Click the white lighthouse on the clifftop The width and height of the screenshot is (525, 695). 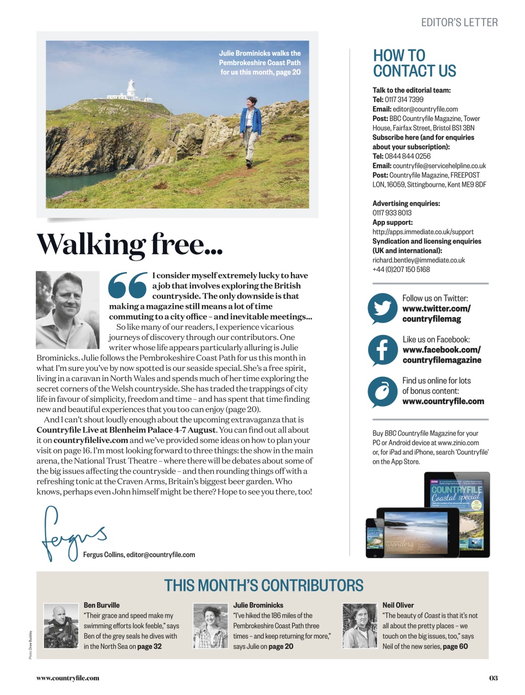[x=131, y=90]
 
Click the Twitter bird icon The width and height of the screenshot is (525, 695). [x=383, y=308]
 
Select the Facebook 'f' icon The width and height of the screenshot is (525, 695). [x=383, y=350]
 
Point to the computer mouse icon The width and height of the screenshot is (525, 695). [x=383, y=391]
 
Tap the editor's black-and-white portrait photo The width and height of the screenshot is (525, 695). [x=67, y=309]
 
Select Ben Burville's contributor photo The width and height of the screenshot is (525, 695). [x=61, y=625]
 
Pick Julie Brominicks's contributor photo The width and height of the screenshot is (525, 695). [x=210, y=625]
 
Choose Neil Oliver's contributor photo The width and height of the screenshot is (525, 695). [x=359, y=625]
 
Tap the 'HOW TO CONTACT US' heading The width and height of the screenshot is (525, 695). [x=414, y=64]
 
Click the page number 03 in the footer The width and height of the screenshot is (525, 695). [x=493, y=678]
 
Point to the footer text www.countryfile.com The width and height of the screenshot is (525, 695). [x=68, y=678]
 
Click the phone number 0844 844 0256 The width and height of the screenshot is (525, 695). [x=408, y=156]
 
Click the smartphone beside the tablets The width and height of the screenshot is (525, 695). [x=375, y=538]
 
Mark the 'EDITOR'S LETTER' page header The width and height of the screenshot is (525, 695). [x=459, y=23]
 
